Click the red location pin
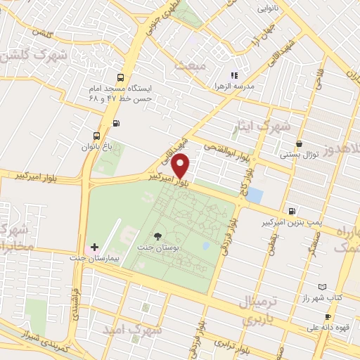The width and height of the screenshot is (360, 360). [181, 165]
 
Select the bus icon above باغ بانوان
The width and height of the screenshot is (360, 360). [96, 136]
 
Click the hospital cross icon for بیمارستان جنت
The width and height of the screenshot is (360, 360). [95, 247]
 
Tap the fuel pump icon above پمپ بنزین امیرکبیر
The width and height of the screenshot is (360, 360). [292, 210]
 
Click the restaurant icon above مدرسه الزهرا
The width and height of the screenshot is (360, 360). [234, 75]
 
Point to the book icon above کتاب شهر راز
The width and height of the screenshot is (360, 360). [322, 288]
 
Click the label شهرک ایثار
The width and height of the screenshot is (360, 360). [261, 128]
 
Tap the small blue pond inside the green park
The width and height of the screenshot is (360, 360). [205, 246]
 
